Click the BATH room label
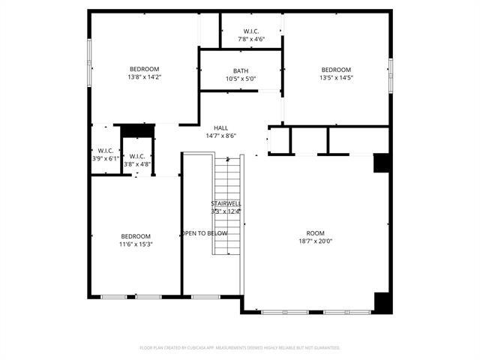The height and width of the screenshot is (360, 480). pyautogui.click(x=241, y=70)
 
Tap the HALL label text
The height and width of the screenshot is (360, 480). pyautogui.click(x=220, y=128)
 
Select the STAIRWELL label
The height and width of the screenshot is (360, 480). pyautogui.click(x=226, y=203)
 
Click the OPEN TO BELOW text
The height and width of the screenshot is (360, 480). pyautogui.click(x=205, y=233)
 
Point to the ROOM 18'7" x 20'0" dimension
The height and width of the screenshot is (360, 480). pyautogui.click(x=315, y=241)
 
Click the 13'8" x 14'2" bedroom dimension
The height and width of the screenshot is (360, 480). pyautogui.click(x=145, y=77)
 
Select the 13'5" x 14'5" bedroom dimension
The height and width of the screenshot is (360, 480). pyautogui.click(x=336, y=77)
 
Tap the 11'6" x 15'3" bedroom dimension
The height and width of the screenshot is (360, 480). pyautogui.click(x=136, y=244)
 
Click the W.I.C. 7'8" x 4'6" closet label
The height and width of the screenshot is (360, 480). pyautogui.click(x=251, y=38)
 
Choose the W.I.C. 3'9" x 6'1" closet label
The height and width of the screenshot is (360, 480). pyautogui.click(x=105, y=158)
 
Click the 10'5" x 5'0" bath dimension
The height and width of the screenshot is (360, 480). pyautogui.click(x=241, y=79)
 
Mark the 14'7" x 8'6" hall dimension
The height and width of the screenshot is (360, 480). pyautogui.click(x=220, y=136)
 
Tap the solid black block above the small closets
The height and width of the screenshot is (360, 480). pyautogui.click(x=137, y=130)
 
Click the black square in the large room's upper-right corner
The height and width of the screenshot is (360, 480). pyautogui.click(x=382, y=163)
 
